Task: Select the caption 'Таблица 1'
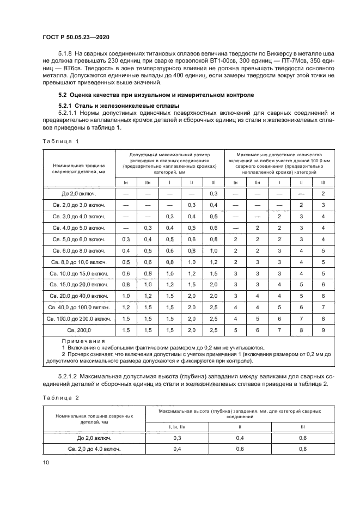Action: pyautogui.click(x=61, y=141)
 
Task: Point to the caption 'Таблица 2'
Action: pyautogui.click(x=61, y=397)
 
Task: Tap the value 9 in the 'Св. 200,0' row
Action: pyautogui.click(x=323, y=330)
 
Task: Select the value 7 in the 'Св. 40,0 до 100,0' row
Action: pyautogui.click(x=323, y=308)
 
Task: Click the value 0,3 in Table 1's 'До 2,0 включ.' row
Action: pyautogui.click(x=213, y=193)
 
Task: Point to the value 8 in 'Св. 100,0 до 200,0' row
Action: pyautogui.click(x=323, y=319)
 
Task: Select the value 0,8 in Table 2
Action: pyautogui.click(x=303, y=449)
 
